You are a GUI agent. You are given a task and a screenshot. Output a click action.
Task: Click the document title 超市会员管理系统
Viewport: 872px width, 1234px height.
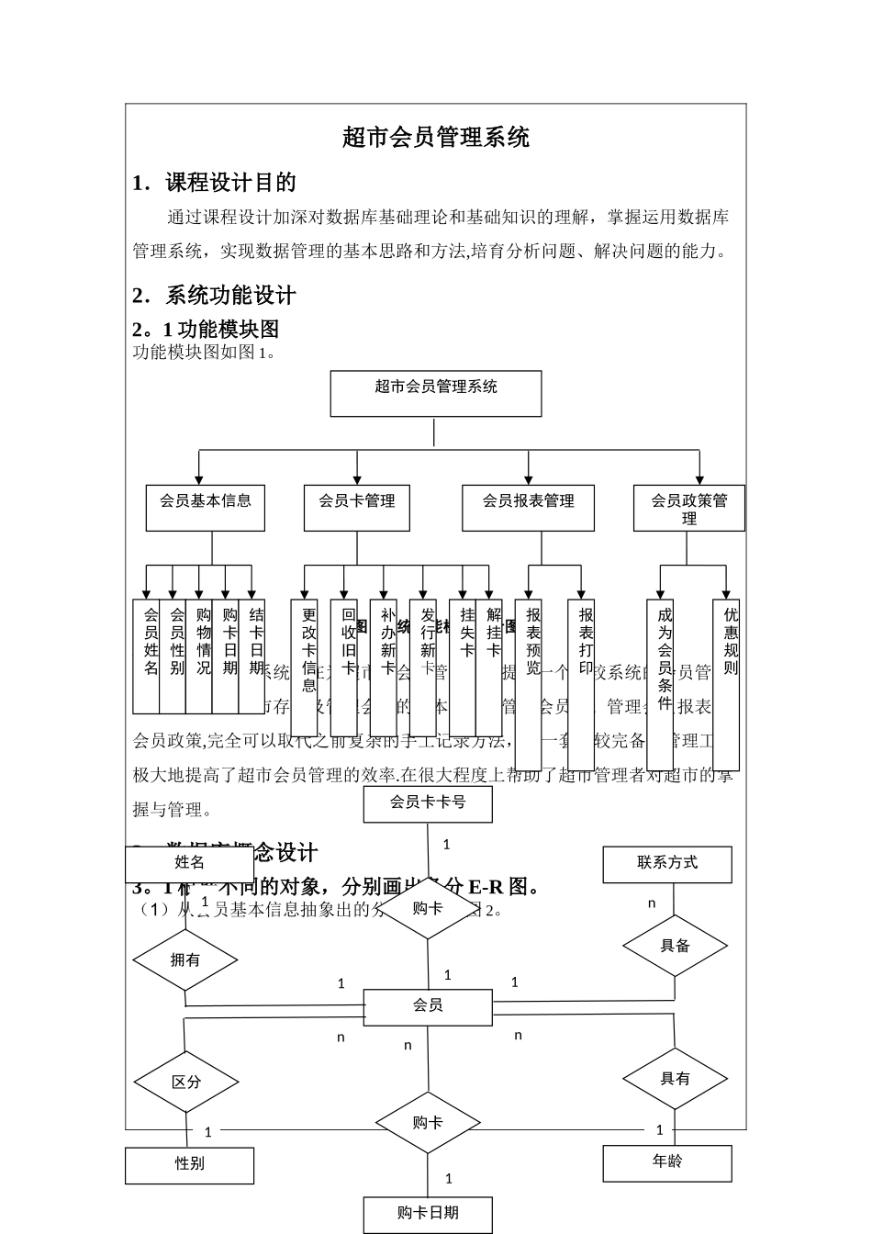coord(436,138)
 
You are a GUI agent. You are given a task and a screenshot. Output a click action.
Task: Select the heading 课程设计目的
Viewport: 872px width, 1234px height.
coord(230,183)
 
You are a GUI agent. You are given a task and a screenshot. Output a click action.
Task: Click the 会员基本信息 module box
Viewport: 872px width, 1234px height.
coord(206,508)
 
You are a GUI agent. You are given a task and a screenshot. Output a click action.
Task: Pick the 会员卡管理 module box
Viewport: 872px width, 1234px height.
coord(357,508)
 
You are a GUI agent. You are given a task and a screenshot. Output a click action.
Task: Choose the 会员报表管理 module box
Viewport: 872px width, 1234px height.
coord(529,508)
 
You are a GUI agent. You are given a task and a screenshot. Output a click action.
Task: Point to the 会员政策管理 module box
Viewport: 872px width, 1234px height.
coord(689,508)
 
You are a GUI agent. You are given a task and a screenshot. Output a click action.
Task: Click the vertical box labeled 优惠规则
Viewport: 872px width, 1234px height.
coord(726,684)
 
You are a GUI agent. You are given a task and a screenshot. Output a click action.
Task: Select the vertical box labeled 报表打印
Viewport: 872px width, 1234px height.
coord(581,684)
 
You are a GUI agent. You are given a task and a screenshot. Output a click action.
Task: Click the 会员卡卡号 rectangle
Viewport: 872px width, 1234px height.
coord(428,803)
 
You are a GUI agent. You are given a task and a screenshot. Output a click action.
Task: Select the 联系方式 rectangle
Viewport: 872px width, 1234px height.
coord(667,864)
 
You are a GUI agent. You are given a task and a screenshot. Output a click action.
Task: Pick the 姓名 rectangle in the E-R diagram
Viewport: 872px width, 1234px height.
coord(189,864)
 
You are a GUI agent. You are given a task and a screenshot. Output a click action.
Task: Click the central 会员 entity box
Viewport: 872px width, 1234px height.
coord(428,1006)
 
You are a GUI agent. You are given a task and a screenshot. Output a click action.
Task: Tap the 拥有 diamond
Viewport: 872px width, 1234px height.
coord(185,960)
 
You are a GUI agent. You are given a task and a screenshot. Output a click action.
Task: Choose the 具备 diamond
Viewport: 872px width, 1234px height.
coord(675,946)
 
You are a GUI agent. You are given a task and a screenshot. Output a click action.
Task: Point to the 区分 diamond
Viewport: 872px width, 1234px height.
coord(186,1082)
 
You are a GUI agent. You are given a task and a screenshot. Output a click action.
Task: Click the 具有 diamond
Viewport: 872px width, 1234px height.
coord(675,1079)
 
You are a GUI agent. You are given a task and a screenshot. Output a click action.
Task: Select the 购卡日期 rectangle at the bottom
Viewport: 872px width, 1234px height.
coord(428,1214)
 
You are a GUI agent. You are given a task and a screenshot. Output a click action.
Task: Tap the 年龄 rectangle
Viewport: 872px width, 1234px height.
coord(667,1162)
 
